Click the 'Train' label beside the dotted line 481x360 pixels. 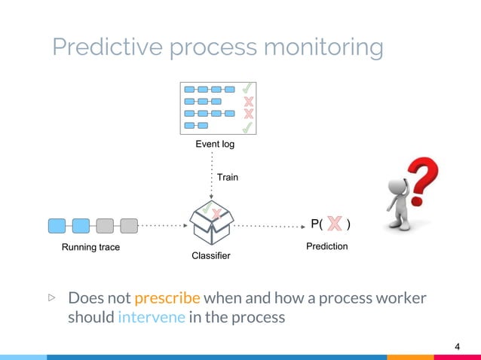pos(228,178)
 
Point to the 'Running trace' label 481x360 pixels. pos(90,247)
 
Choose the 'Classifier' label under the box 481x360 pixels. pos(211,257)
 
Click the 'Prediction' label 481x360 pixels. pos(326,246)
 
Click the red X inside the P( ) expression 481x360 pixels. pos(335,224)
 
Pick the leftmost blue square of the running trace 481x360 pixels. pos(57,224)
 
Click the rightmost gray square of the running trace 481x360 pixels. pos(129,224)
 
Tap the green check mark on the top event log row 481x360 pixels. pos(247,89)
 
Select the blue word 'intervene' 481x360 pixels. pos(151,317)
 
